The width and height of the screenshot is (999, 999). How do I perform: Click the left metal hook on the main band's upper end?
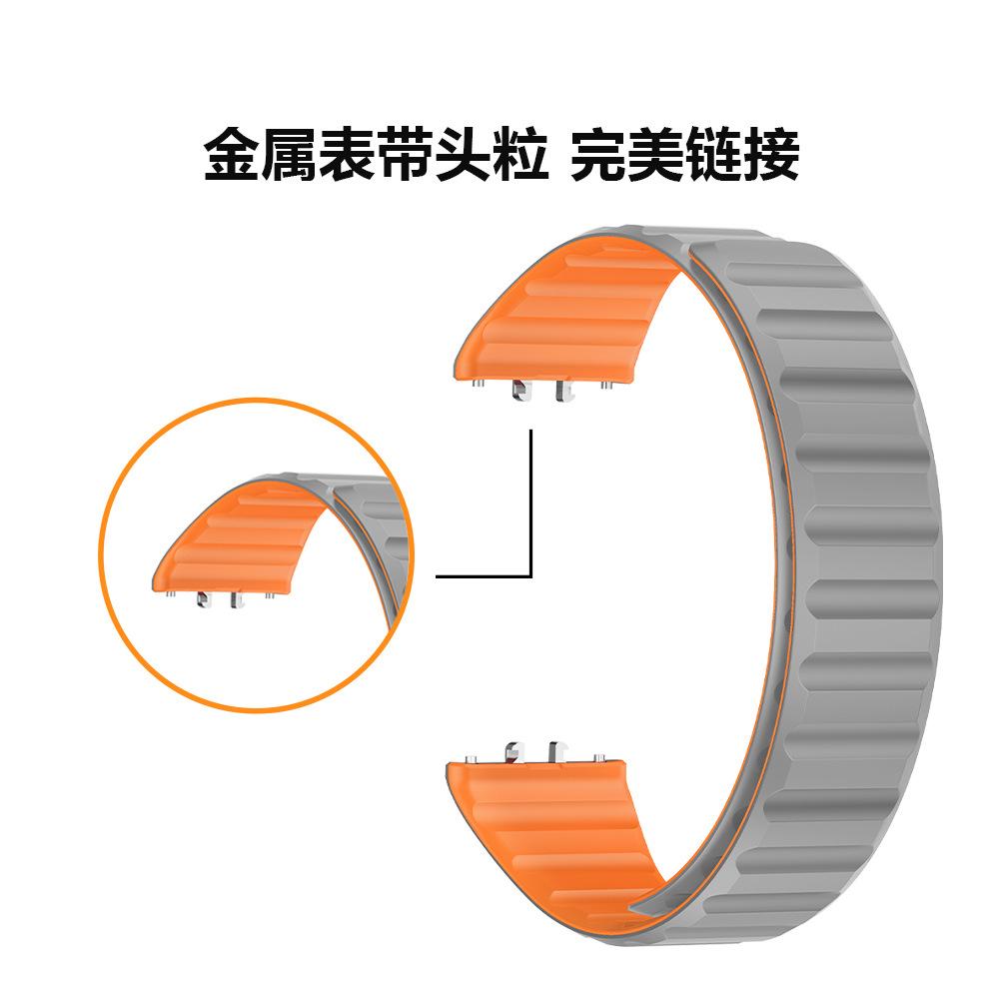521,390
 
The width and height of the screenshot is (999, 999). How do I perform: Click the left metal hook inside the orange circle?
205,597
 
